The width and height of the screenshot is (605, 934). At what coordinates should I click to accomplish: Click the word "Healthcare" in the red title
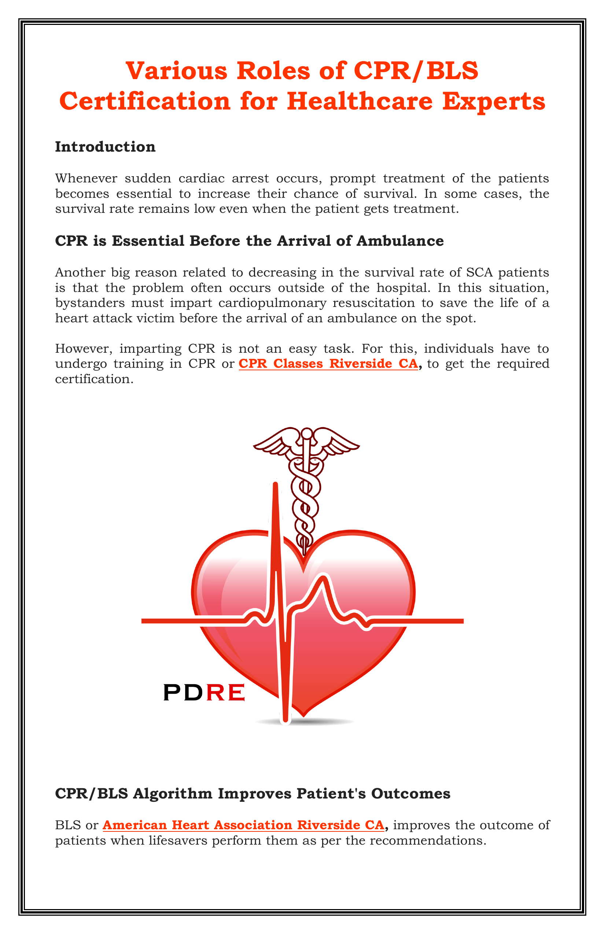[x=359, y=101]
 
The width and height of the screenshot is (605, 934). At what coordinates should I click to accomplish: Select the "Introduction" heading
[x=105, y=147]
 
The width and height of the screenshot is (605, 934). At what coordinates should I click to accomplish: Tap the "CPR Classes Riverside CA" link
[x=328, y=363]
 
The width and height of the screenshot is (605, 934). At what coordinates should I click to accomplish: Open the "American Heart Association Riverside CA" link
[x=243, y=825]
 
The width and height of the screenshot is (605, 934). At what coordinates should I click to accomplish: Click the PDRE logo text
[x=204, y=692]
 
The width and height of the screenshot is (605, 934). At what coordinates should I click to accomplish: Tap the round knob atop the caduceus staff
[x=306, y=434]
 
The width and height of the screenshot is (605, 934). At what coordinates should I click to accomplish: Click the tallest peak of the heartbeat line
[x=275, y=487]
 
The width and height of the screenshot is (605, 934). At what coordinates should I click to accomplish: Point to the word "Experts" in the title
[x=494, y=101]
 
